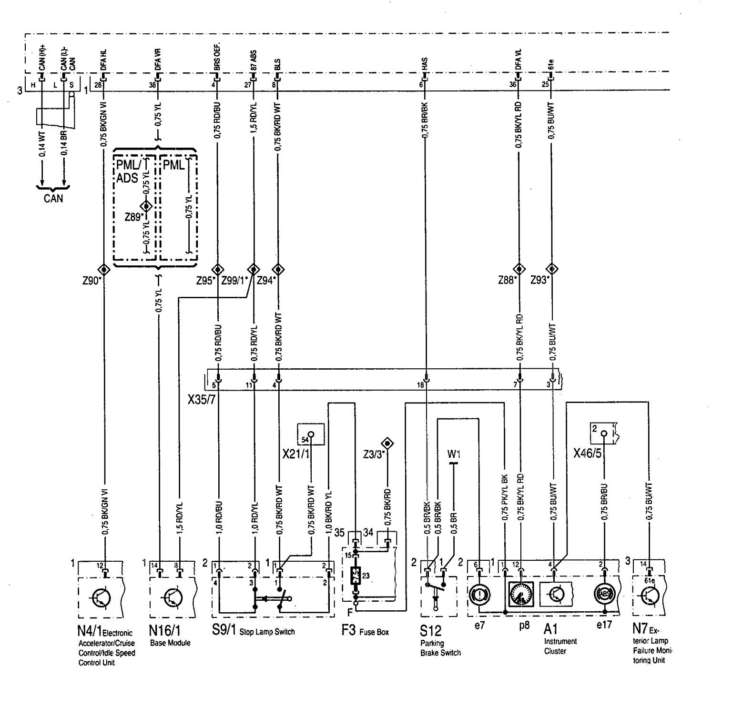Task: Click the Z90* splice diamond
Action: (x=103, y=269)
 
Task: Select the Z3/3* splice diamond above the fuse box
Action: (x=388, y=444)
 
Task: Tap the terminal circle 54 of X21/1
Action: (x=311, y=434)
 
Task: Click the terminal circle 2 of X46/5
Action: (x=604, y=434)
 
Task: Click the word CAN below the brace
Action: (x=53, y=198)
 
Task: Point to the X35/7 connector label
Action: (x=203, y=396)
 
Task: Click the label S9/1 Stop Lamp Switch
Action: (x=253, y=631)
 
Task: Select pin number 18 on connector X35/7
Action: (x=421, y=384)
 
